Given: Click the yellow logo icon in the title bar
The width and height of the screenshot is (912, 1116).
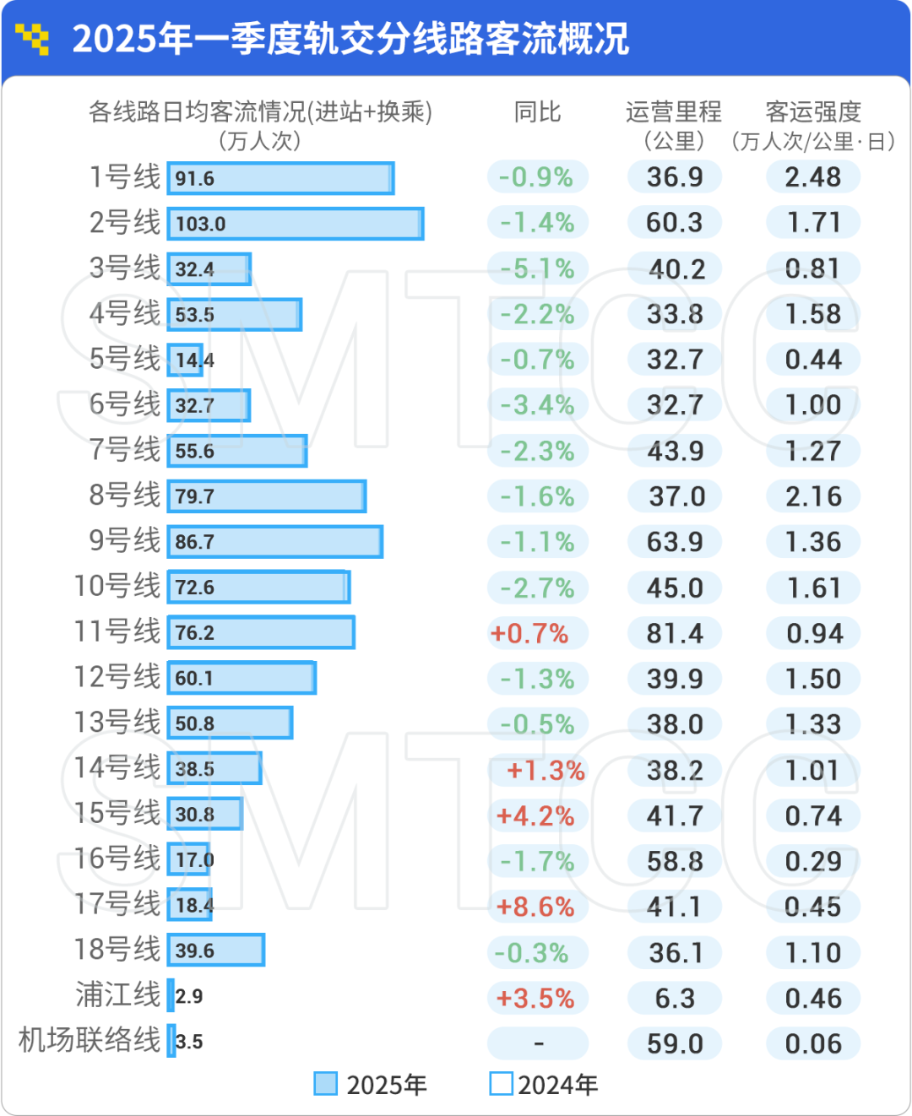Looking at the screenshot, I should (x=33, y=39).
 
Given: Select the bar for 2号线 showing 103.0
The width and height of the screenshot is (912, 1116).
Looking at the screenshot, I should (x=296, y=224).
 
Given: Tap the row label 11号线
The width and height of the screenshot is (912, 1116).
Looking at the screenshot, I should (x=117, y=631).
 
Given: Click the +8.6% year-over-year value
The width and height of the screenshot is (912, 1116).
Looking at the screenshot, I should (x=535, y=907).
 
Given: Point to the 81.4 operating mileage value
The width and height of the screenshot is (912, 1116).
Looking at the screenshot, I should (x=675, y=633).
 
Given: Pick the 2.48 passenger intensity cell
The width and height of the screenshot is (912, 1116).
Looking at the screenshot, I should (x=812, y=177).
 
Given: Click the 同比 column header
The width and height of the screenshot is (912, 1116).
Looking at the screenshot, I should (x=537, y=112).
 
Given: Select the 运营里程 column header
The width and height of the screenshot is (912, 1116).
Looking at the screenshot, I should (x=674, y=112).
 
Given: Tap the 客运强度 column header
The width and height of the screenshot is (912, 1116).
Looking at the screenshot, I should (x=812, y=112).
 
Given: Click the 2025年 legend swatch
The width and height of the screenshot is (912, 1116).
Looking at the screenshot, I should (x=325, y=1084).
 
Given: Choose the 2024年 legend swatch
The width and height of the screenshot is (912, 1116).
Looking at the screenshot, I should (x=501, y=1084).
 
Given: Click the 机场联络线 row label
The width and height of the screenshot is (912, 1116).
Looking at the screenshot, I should (x=90, y=1040).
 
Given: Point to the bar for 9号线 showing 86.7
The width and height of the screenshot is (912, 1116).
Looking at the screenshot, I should (x=275, y=542).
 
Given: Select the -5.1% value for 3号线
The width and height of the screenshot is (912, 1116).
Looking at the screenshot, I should (x=537, y=269).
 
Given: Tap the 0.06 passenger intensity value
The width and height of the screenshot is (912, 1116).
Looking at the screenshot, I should (x=813, y=1044).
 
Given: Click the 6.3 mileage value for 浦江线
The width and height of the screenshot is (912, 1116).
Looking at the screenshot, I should (x=675, y=999).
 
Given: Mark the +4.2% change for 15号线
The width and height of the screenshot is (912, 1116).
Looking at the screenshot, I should (x=535, y=816).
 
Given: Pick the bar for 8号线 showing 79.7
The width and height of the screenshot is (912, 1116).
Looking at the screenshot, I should (x=267, y=496).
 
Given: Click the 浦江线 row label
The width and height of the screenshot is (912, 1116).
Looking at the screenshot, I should (x=118, y=994).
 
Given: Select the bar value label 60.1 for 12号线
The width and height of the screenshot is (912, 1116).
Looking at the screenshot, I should (x=194, y=679).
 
